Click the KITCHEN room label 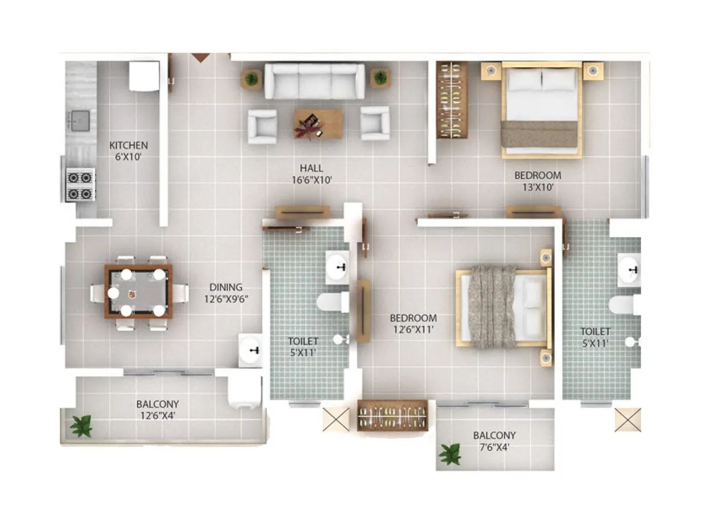pos(128,145)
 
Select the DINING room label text pos(226,287)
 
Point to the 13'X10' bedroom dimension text pos(538,187)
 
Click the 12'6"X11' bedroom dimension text pos(413,330)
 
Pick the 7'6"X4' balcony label pos(494,447)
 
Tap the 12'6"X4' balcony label pos(157,416)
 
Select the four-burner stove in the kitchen pos(81,185)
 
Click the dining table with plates pos(138,291)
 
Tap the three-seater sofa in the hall pos(314,81)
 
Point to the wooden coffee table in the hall pos(317,124)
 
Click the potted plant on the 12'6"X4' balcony pos(81,426)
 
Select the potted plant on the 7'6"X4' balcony pos(450,454)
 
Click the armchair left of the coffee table pos(262,124)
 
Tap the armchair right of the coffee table pos(375,123)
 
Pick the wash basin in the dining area pos(251,350)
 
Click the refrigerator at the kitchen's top pos(144,76)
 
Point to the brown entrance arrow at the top pos(200,57)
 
